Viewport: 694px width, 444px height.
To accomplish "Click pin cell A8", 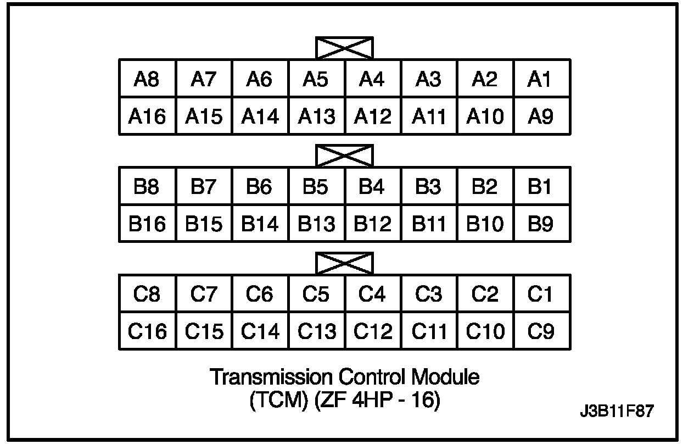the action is (x=147, y=80).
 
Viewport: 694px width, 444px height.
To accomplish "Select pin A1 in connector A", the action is (x=540, y=80).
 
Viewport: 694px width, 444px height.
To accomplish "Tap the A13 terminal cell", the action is (x=316, y=116).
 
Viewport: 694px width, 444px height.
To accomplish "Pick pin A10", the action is (x=484, y=116).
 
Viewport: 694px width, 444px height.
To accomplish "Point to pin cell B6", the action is (x=260, y=187).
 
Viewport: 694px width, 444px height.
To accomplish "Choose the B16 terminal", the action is (x=147, y=224).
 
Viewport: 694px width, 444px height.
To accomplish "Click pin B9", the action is (x=540, y=224).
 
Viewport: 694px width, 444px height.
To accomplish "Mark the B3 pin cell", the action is (x=428, y=187).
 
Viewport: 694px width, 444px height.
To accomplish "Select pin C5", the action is (x=316, y=295).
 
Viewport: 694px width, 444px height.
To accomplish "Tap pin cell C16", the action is (x=147, y=331).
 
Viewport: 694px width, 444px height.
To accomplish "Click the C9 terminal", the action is (x=540, y=331).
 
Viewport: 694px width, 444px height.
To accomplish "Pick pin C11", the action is (x=428, y=331).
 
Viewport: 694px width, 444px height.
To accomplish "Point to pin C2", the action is (x=484, y=295).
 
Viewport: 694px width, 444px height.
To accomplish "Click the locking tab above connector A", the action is (x=344, y=48).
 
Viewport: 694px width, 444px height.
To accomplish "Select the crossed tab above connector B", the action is (x=344, y=156).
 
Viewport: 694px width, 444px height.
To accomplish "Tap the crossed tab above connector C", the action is (x=344, y=263).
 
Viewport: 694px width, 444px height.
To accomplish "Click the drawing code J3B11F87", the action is (x=617, y=412).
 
